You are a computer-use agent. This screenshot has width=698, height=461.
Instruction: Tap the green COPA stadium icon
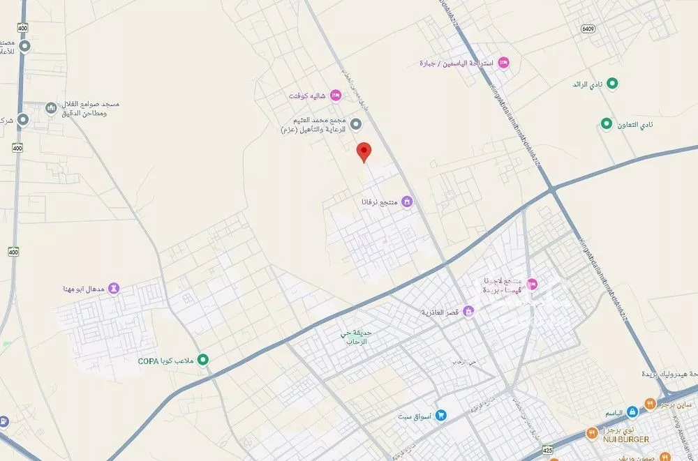pyautogui.click(x=203, y=360)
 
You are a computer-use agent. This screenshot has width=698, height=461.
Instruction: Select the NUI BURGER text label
pyautogui.click(x=624, y=439)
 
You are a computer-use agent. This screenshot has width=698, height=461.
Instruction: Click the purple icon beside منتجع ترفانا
pyautogui.click(x=408, y=202)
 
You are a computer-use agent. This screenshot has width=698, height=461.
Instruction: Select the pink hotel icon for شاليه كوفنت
pyautogui.click(x=335, y=95)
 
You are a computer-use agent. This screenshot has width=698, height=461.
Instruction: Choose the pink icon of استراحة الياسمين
pyautogui.click(x=504, y=63)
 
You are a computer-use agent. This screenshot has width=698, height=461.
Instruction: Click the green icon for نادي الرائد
pyautogui.click(x=613, y=84)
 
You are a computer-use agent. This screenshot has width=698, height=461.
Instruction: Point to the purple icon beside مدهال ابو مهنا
pyautogui.click(x=114, y=289)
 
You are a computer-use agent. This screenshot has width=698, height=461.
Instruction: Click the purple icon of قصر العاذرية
pyautogui.click(x=468, y=310)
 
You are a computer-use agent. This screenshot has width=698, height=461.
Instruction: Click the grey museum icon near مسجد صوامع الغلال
pyautogui.click(x=50, y=108)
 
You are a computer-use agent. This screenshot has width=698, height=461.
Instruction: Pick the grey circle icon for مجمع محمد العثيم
pyautogui.click(x=355, y=125)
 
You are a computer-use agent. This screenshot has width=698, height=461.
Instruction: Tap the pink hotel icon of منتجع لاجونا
pyautogui.click(x=532, y=283)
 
